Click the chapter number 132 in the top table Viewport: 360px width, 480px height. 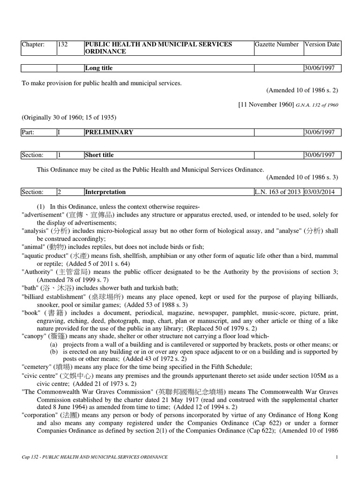(x=63, y=45)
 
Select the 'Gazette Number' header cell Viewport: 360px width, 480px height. (x=277, y=45)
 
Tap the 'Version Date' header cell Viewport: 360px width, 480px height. (x=322, y=45)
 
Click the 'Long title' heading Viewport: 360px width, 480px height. (x=98, y=68)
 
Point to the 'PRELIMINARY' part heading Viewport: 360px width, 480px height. (x=109, y=133)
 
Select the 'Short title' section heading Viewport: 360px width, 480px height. (x=99, y=155)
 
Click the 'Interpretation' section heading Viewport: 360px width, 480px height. (x=105, y=192)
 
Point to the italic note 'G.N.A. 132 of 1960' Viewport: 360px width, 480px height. (x=317, y=105)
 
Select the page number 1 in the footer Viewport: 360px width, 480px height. (x=337, y=457)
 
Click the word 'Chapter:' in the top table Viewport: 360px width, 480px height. (x=33, y=45)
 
